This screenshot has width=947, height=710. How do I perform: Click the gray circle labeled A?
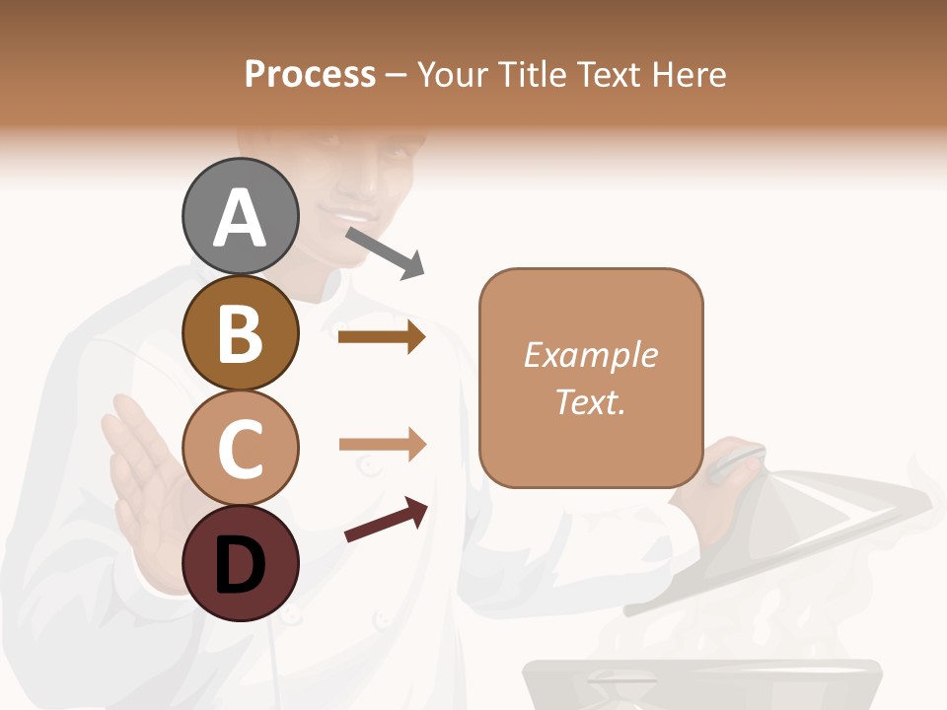(x=240, y=216)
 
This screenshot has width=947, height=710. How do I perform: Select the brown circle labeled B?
(x=240, y=332)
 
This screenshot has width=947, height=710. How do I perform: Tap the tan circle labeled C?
(x=240, y=448)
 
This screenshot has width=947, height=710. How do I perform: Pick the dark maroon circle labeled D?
(x=240, y=563)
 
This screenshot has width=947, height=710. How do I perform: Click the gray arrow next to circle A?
(x=385, y=252)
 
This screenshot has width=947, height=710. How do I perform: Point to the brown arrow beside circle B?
(x=381, y=337)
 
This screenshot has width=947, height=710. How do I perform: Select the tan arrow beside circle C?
(x=382, y=445)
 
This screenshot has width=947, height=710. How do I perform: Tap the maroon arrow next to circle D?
(x=386, y=521)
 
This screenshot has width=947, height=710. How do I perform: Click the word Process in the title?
(x=310, y=75)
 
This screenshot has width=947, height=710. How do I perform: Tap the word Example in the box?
(x=590, y=355)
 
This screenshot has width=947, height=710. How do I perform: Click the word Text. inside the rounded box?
(x=590, y=401)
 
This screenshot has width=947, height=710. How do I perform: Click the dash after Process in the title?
(x=396, y=76)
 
